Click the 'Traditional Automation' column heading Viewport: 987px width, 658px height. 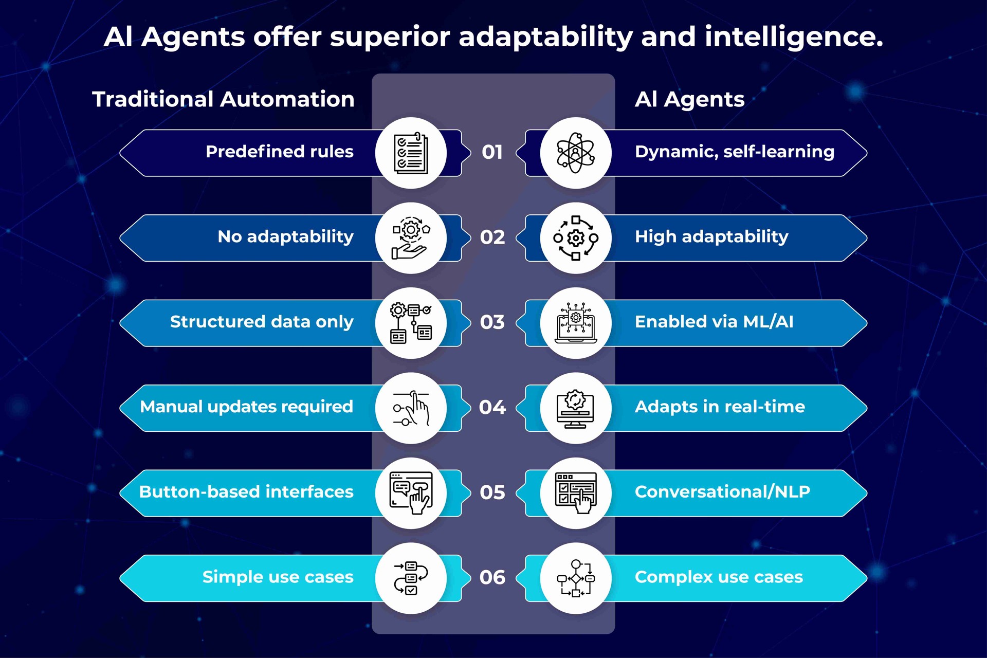click(223, 99)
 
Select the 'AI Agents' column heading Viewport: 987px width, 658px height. click(689, 99)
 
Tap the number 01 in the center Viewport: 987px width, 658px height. click(492, 152)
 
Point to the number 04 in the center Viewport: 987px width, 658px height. click(492, 407)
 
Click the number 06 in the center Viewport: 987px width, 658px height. click(492, 577)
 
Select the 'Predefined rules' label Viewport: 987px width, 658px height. click(280, 152)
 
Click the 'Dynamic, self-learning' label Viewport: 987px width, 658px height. click(735, 152)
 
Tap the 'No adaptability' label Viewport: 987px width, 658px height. click(286, 237)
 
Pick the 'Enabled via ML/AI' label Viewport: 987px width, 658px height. click(714, 322)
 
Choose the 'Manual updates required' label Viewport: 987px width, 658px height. click(247, 407)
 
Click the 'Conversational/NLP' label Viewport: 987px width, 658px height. click(722, 492)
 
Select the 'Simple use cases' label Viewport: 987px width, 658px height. click(278, 577)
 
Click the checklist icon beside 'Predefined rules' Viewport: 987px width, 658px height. click(411, 153)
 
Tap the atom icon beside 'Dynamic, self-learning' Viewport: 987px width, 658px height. click(576, 153)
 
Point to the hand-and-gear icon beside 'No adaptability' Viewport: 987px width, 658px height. click(411, 238)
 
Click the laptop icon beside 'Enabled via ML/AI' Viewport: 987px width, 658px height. click(576, 323)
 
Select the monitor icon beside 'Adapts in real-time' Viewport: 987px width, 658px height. click(576, 408)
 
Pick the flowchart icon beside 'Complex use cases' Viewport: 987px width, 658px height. click(576, 578)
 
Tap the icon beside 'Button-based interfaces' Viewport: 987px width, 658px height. click(411, 493)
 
